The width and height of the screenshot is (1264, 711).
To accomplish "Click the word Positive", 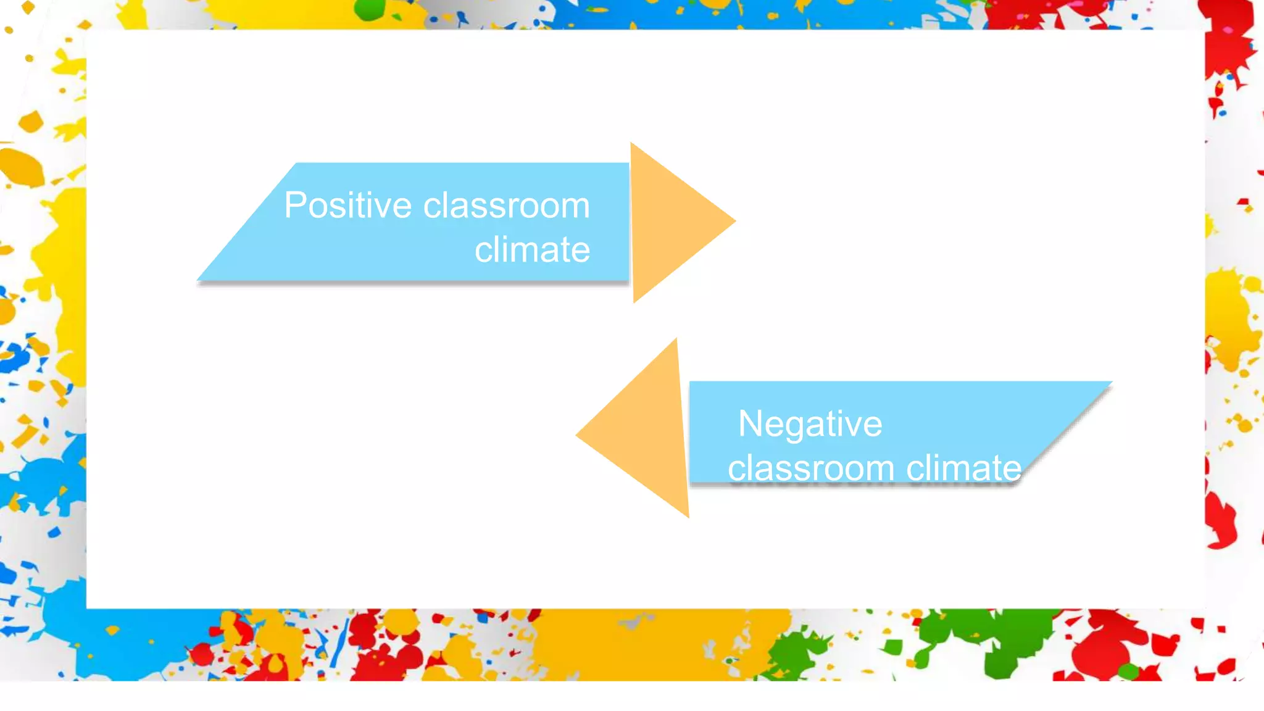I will click(347, 206).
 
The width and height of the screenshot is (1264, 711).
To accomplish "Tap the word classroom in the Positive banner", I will click(506, 206).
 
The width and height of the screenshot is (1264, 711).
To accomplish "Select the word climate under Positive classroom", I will click(532, 250).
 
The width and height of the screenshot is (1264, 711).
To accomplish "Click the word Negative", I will click(810, 425).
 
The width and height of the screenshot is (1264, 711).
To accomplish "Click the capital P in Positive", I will click(294, 206).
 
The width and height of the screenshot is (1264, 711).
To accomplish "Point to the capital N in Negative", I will click(750, 424).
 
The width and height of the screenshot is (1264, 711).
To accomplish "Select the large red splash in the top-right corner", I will click(1228, 37).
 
